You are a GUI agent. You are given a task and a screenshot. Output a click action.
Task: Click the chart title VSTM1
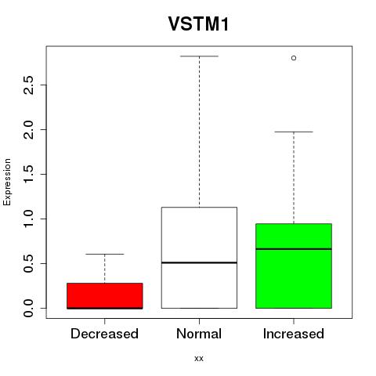point(199,23)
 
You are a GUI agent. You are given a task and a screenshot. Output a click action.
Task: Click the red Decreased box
point(105,296)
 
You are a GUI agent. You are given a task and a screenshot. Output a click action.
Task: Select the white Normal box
point(199,258)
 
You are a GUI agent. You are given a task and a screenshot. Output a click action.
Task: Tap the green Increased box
point(294,266)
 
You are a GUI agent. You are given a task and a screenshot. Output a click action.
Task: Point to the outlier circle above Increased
point(294,58)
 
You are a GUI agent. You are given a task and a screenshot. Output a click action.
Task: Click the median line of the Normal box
point(199,262)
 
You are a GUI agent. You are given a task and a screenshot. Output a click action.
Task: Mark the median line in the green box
point(294,249)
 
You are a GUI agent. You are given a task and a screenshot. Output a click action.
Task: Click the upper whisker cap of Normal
point(199,56)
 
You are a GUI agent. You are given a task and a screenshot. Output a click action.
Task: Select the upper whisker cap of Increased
point(294,132)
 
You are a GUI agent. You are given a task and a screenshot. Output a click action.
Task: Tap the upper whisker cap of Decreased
point(105,254)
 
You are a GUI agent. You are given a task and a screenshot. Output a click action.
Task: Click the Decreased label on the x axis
point(104,334)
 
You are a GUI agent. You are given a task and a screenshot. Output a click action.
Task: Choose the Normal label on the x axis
point(199,334)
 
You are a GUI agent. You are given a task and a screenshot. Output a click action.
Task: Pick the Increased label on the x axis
point(294,334)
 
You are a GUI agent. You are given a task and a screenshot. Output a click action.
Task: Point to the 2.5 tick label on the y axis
point(28,85)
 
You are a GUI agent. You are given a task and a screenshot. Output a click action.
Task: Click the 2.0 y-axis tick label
point(28,130)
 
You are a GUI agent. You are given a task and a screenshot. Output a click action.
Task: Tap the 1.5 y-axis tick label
point(28,174)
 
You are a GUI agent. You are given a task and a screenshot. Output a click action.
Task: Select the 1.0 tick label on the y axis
point(28,219)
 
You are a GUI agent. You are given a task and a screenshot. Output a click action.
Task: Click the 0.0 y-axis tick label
point(28,308)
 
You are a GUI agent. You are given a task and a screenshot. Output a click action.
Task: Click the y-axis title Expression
point(7,182)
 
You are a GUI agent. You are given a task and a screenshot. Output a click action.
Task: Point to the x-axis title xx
point(199,359)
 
